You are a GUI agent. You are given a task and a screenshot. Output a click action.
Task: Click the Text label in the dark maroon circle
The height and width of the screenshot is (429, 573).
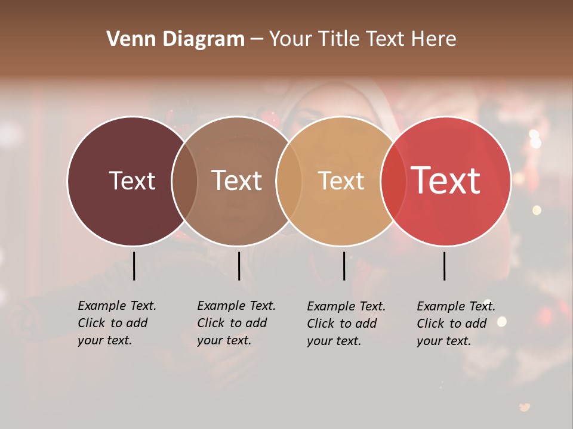pyautogui.click(x=132, y=181)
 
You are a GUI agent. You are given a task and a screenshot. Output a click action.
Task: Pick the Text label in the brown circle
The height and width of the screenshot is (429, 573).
pyautogui.click(x=236, y=181)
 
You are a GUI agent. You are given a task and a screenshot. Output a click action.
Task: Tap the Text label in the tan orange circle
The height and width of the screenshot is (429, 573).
pyautogui.click(x=341, y=181)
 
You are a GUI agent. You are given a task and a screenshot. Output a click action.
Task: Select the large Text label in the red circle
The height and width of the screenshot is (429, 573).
pyautogui.click(x=446, y=181)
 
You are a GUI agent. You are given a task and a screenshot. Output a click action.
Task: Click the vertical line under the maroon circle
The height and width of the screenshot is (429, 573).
pyautogui.click(x=134, y=266)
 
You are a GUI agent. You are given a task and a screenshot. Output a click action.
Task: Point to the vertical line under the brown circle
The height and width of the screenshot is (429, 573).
pyautogui.click(x=239, y=266)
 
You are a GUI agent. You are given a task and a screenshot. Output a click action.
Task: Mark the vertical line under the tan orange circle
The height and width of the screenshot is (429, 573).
pyautogui.click(x=344, y=266)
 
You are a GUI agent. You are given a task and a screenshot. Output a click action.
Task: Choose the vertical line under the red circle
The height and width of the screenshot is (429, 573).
pyautogui.click(x=444, y=266)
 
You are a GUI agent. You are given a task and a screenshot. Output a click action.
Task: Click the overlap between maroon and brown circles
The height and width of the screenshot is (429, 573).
pyautogui.click(x=184, y=181)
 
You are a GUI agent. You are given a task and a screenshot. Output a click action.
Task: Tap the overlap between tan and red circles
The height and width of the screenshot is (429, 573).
pyautogui.click(x=391, y=181)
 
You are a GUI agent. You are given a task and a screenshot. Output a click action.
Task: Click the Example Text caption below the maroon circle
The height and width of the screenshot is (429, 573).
pyautogui.click(x=116, y=323)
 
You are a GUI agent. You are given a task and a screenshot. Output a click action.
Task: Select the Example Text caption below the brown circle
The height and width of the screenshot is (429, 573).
pyautogui.click(x=236, y=323)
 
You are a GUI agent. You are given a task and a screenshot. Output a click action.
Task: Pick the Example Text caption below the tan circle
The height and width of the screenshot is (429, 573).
pyautogui.click(x=346, y=324)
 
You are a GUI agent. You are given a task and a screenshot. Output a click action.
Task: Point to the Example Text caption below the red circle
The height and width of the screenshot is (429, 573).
pyautogui.click(x=455, y=324)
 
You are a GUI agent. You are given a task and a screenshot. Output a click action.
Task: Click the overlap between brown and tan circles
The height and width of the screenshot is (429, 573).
pyautogui.click(x=287, y=181)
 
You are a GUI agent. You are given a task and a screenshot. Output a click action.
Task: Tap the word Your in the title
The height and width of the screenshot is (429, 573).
pyautogui.click(x=291, y=39)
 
